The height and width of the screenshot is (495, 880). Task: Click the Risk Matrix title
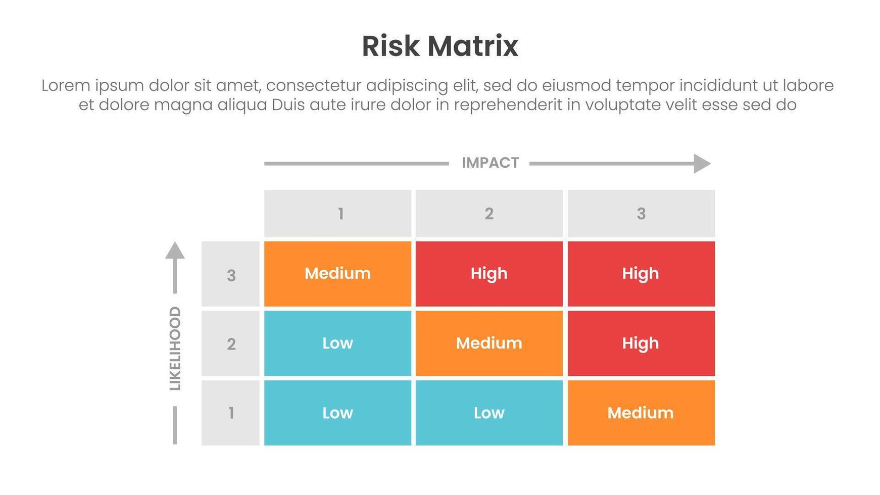click(x=439, y=46)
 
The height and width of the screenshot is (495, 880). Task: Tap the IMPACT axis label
click(x=490, y=163)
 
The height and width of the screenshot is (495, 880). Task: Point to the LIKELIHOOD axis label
click(x=175, y=348)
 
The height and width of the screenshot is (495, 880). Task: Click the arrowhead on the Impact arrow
click(x=702, y=163)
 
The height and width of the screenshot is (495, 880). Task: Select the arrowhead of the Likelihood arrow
click(x=175, y=251)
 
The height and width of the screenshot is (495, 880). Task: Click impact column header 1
click(x=337, y=214)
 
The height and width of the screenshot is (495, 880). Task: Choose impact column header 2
click(x=489, y=214)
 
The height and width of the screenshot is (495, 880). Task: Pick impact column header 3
click(x=641, y=214)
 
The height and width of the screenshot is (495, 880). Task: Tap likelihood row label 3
click(x=231, y=275)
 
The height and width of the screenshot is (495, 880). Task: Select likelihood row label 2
click(x=231, y=344)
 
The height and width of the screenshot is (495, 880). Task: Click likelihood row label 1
click(x=231, y=413)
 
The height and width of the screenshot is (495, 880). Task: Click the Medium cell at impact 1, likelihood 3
click(x=337, y=274)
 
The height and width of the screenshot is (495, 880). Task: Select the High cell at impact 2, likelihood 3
click(x=489, y=274)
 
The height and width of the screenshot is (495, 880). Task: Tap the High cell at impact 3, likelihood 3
click(x=641, y=274)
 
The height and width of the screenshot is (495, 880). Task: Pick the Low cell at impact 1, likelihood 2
click(x=337, y=343)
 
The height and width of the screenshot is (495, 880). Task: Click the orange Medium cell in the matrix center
click(x=489, y=343)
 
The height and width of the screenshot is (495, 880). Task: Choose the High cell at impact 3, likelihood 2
click(x=641, y=343)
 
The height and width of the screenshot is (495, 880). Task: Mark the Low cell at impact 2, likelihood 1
click(x=489, y=413)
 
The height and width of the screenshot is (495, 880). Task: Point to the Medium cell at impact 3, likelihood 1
click(x=641, y=413)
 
